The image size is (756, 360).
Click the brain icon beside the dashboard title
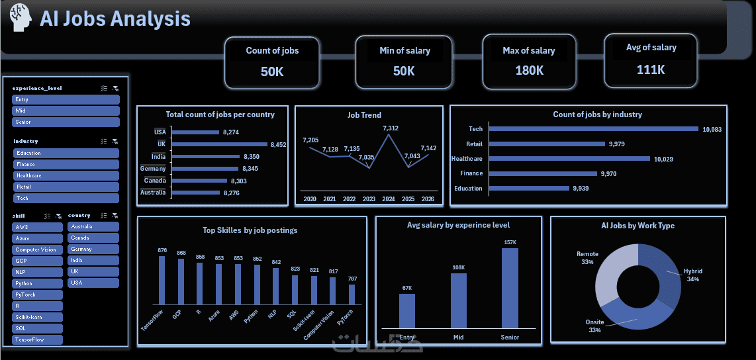point(19,17)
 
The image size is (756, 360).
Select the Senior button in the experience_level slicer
point(66,122)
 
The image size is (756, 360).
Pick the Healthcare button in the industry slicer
point(66,175)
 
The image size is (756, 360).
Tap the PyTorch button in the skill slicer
point(38,294)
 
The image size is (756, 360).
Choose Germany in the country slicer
point(93,249)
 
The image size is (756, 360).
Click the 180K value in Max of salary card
point(529,70)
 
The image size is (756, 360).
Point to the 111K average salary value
point(651,69)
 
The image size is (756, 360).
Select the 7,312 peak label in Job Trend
point(391,128)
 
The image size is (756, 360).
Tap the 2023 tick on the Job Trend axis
point(368,199)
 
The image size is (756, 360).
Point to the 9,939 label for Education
point(581,189)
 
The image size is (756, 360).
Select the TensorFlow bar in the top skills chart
point(162,281)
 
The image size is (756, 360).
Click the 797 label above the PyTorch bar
point(352,279)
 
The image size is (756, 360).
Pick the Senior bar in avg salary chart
point(510,287)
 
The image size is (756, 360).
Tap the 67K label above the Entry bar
point(407,288)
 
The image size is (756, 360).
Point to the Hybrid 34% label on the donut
point(692,275)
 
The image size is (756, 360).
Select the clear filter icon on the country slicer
point(116,216)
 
